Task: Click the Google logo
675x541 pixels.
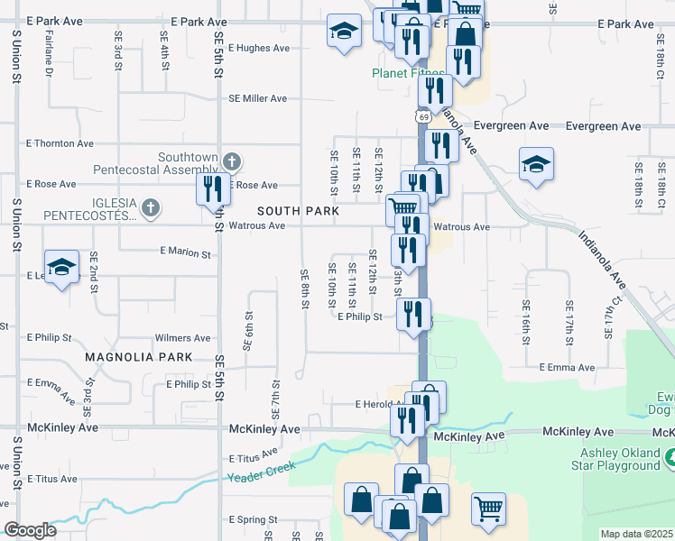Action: pos(30,530)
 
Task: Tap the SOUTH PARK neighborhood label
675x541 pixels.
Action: pos(298,211)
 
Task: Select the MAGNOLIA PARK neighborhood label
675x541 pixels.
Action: pos(139,358)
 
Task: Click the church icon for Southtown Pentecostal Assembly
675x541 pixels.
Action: pos(231,162)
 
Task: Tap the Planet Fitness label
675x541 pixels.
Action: pos(408,74)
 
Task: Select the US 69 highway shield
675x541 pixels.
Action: pos(422,117)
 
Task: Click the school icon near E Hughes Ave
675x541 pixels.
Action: pos(342,32)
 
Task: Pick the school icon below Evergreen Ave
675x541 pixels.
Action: pos(535,164)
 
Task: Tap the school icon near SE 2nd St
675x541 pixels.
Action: pos(61,267)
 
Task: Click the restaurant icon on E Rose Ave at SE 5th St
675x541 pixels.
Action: pos(213,189)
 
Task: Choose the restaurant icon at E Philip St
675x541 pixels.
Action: pos(413,315)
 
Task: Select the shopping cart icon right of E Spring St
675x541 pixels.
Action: pos(487,508)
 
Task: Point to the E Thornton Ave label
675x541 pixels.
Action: pos(60,143)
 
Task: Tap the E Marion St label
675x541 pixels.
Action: pos(184,253)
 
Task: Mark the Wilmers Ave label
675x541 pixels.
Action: pos(182,338)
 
